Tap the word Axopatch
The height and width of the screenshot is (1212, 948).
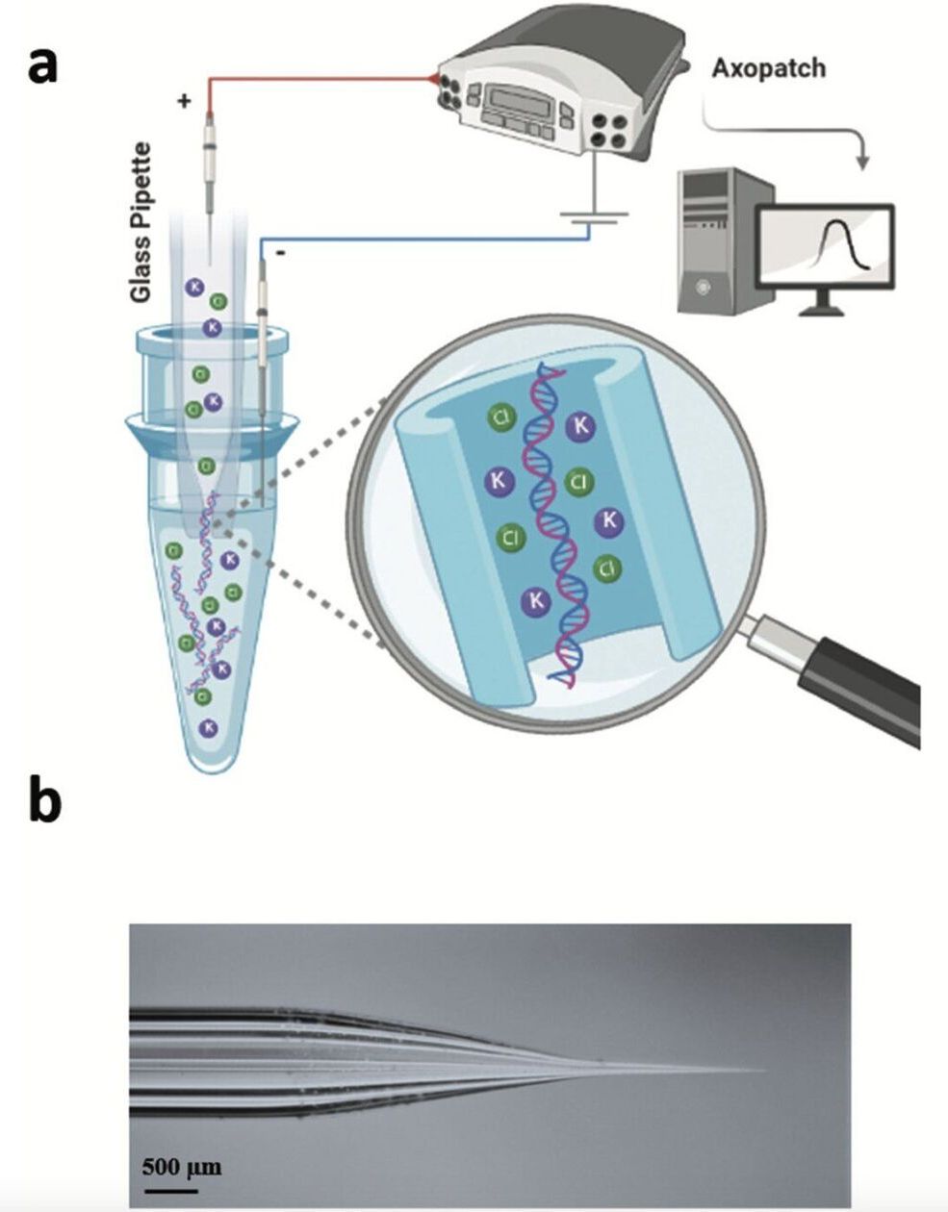(x=768, y=68)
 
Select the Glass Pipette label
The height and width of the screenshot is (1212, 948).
(x=141, y=222)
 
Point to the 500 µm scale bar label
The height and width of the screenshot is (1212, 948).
(x=182, y=1168)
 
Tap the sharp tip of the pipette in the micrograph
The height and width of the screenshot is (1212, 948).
(x=765, y=1069)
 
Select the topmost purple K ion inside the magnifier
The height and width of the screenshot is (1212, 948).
(x=581, y=424)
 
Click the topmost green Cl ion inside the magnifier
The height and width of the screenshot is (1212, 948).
(x=501, y=417)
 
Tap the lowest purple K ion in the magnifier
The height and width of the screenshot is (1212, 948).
(x=535, y=601)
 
